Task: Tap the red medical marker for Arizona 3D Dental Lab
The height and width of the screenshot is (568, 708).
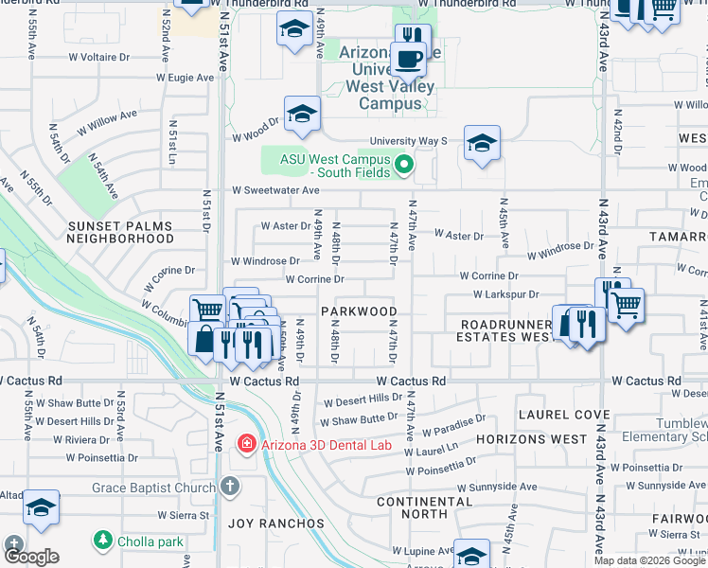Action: pos(246,443)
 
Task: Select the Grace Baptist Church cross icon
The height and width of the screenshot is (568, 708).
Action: pos(230,487)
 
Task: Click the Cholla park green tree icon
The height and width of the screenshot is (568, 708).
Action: pos(102,541)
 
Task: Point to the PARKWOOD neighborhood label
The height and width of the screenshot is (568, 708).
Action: pos(358,311)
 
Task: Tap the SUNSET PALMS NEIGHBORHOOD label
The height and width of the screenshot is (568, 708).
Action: pos(119,233)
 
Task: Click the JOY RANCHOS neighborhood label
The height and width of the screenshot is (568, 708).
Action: pos(275,523)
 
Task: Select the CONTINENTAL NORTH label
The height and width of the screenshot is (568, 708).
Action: pos(424,507)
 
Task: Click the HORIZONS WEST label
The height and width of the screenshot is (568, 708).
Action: pos(531,440)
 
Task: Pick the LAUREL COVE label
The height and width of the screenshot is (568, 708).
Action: pos(562,415)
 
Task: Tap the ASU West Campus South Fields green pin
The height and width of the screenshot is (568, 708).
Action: pos(404,166)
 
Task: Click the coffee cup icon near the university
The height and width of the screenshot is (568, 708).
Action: pos(408,60)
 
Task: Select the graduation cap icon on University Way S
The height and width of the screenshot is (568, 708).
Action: pos(482,144)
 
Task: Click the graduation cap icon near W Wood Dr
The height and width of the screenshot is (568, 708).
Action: pos(302,115)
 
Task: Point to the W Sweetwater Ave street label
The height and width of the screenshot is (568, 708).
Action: pos(275,190)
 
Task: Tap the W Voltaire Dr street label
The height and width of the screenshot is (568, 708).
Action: pos(98,57)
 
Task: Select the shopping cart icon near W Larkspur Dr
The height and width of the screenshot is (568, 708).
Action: pos(626,305)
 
